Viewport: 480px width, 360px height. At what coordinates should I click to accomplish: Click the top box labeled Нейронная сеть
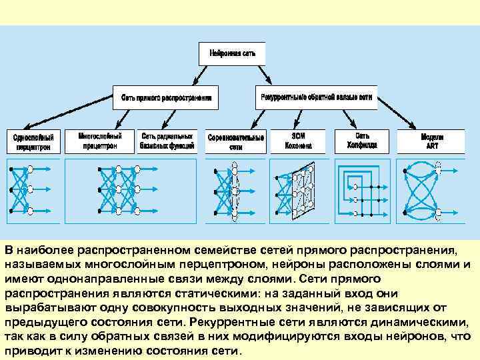point(232,53)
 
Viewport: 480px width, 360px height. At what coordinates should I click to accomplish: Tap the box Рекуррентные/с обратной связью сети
point(316,97)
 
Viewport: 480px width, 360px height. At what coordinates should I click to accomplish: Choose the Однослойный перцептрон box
point(34,141)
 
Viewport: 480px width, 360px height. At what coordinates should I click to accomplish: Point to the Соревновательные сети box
point(235,141)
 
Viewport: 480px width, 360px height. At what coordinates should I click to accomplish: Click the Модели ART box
point(432,141)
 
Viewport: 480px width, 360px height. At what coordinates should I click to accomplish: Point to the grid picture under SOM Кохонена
point(301,189)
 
